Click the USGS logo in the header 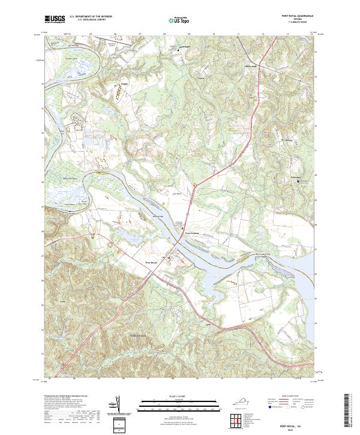pyautogui.click(x=55, y=19)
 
